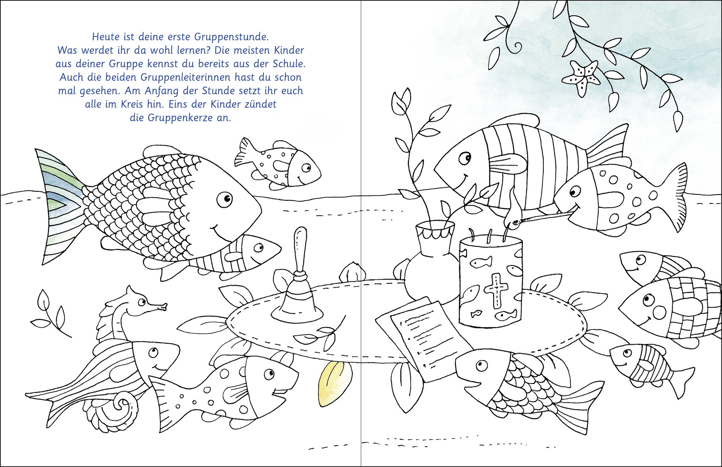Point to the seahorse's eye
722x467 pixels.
(x=141, y=302)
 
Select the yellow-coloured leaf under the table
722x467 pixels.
(x=334, y=383)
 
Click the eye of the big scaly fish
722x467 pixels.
(x=224, y=199)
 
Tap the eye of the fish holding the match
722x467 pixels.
(x=574, y=192)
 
